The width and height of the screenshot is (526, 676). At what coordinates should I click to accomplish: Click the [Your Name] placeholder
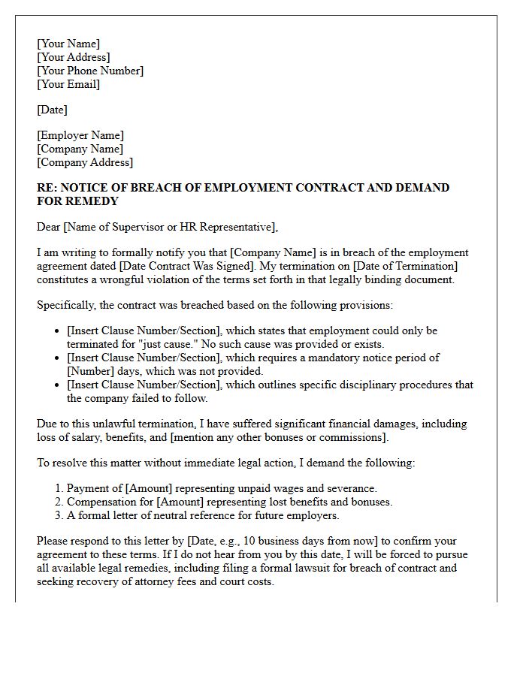68,44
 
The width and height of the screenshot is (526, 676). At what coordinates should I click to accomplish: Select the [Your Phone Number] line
90,71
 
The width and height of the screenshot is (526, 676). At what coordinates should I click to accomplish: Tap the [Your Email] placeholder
68,84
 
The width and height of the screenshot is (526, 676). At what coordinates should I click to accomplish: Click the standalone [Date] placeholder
52,110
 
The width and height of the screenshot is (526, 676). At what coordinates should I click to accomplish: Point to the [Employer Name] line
80,135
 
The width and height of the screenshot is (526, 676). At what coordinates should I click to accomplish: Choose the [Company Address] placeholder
85,162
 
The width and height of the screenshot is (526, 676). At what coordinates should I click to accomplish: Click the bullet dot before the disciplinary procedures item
57,385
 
